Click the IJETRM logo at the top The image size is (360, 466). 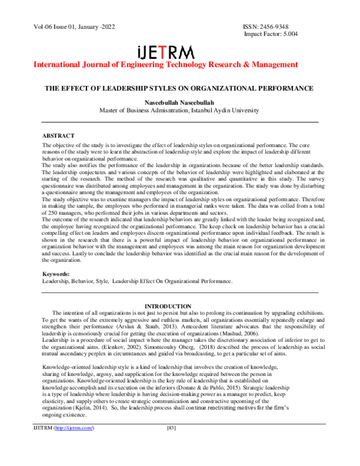click(179, 50)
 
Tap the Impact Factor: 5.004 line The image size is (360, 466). click(270, 35)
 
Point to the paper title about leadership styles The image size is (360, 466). click(179, 88)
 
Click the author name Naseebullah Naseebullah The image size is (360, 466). click(179, 102)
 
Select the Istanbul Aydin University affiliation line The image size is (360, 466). click(179, 110)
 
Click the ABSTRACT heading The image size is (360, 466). click(58, 136)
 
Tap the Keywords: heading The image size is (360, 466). click(56, 274)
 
